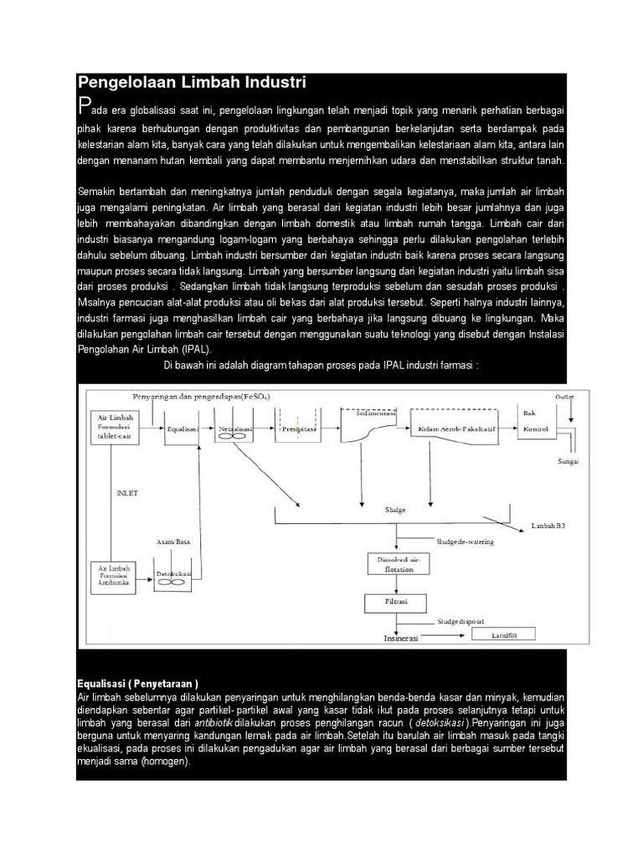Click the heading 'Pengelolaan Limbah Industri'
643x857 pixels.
192,82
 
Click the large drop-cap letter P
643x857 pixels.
83,106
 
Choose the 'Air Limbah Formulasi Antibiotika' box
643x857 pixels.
114,577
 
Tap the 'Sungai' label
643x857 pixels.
568,460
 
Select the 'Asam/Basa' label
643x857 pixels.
173,542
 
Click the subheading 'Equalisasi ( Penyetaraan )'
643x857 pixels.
138,681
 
